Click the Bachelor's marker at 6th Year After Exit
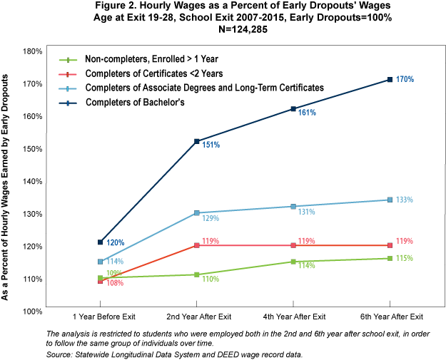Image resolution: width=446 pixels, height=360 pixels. pyautogui.click(x=390, y=79)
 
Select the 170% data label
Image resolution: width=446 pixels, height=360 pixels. pyautogui.click(x=405, y=80)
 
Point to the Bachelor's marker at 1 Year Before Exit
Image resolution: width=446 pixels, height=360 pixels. pyautogui.click(x=101, y=242)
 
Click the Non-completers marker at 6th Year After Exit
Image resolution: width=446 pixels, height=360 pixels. pyautogui.click(x=390, y=258)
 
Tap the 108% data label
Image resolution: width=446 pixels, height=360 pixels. pyautogui.click(x=115, y=283)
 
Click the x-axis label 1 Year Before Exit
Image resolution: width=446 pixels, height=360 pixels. pyautogui.click(x=101, y=317)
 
